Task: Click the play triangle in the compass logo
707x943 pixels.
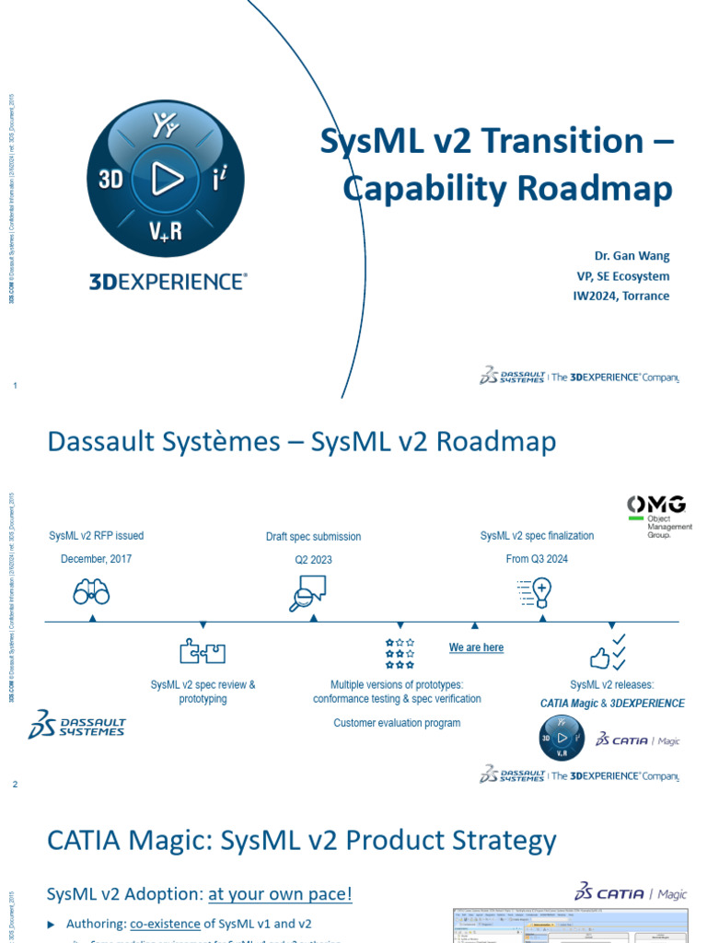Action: [167, 179]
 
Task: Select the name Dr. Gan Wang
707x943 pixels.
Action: [631, 255]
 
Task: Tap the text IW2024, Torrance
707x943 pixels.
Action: [621, 296]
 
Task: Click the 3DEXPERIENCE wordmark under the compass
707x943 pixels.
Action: [168, 282]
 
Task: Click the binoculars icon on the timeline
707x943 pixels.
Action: [91, 593]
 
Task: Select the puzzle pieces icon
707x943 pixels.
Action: [203, 652]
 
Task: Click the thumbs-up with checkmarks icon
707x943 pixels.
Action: [608, 652]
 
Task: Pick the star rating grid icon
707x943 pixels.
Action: [400, 652]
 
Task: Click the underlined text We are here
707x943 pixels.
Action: [476, 648]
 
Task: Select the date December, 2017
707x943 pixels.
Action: [97, 558]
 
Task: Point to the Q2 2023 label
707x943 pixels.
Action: [313, 559]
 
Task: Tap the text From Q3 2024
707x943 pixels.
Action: [537, 558]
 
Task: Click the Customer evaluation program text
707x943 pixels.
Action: [397, 723]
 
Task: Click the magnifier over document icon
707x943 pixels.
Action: [308, 592]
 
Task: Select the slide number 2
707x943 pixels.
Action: [15, 784]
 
